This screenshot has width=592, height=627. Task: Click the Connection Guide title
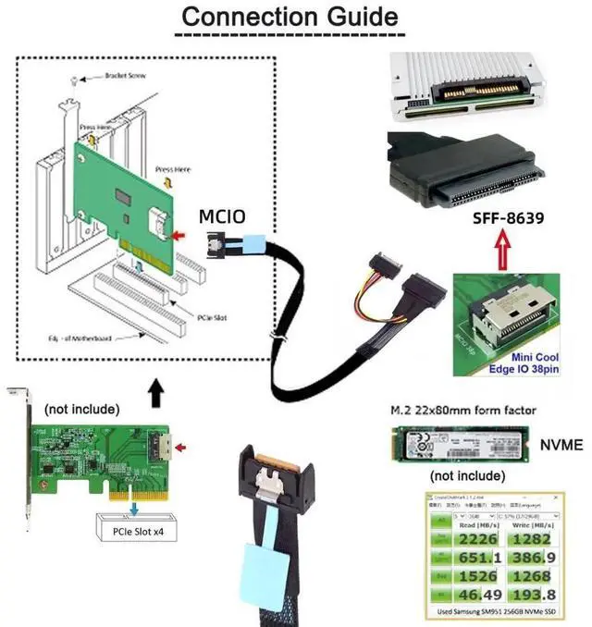[290, 17]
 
